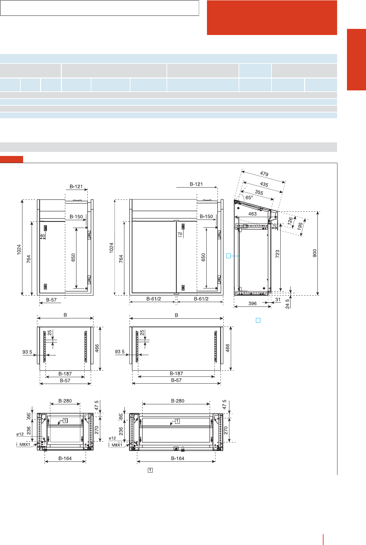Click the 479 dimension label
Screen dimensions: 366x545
click(x=264, y=174)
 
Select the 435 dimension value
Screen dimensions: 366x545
click(x=264, y=184)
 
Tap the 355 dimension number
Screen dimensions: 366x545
click(x=259, y=192)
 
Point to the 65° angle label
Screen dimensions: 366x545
click(x=249, y=197)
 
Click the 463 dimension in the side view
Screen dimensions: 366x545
click(x=252, y=214)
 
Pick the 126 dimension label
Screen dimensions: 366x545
click(x=290, y=221)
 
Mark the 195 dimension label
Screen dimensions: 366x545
click(x=300, y=226)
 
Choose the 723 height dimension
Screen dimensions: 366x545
click(x=277, y=254)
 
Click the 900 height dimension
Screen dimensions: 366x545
click(x=315, y=253)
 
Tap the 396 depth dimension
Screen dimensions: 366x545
click(x=252, y=303)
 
